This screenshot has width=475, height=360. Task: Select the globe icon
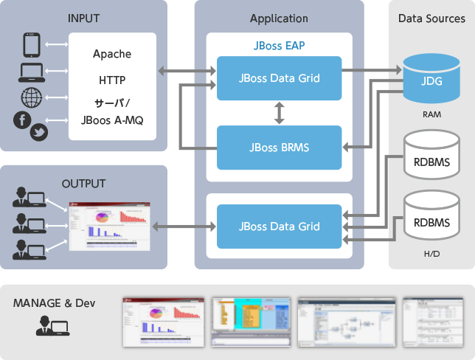click(31, 97)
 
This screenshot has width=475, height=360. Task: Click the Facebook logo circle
click(22, 120)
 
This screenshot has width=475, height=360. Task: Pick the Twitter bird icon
click(38, 133)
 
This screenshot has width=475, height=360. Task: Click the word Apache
click(112, 54)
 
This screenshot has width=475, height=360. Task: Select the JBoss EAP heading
click(279, 45)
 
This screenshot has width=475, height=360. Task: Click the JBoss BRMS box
click(279, 147)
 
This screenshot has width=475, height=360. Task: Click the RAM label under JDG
click(431, 114)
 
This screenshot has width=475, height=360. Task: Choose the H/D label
click(431, 252)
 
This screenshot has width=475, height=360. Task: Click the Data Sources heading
click(431, 18)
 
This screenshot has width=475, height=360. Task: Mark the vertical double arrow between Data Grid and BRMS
click(279, 112)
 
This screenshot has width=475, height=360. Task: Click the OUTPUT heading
click(84, 184)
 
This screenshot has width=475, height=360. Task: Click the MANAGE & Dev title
click(54, 303)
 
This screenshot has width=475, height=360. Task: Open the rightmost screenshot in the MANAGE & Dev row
click(431, 322)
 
